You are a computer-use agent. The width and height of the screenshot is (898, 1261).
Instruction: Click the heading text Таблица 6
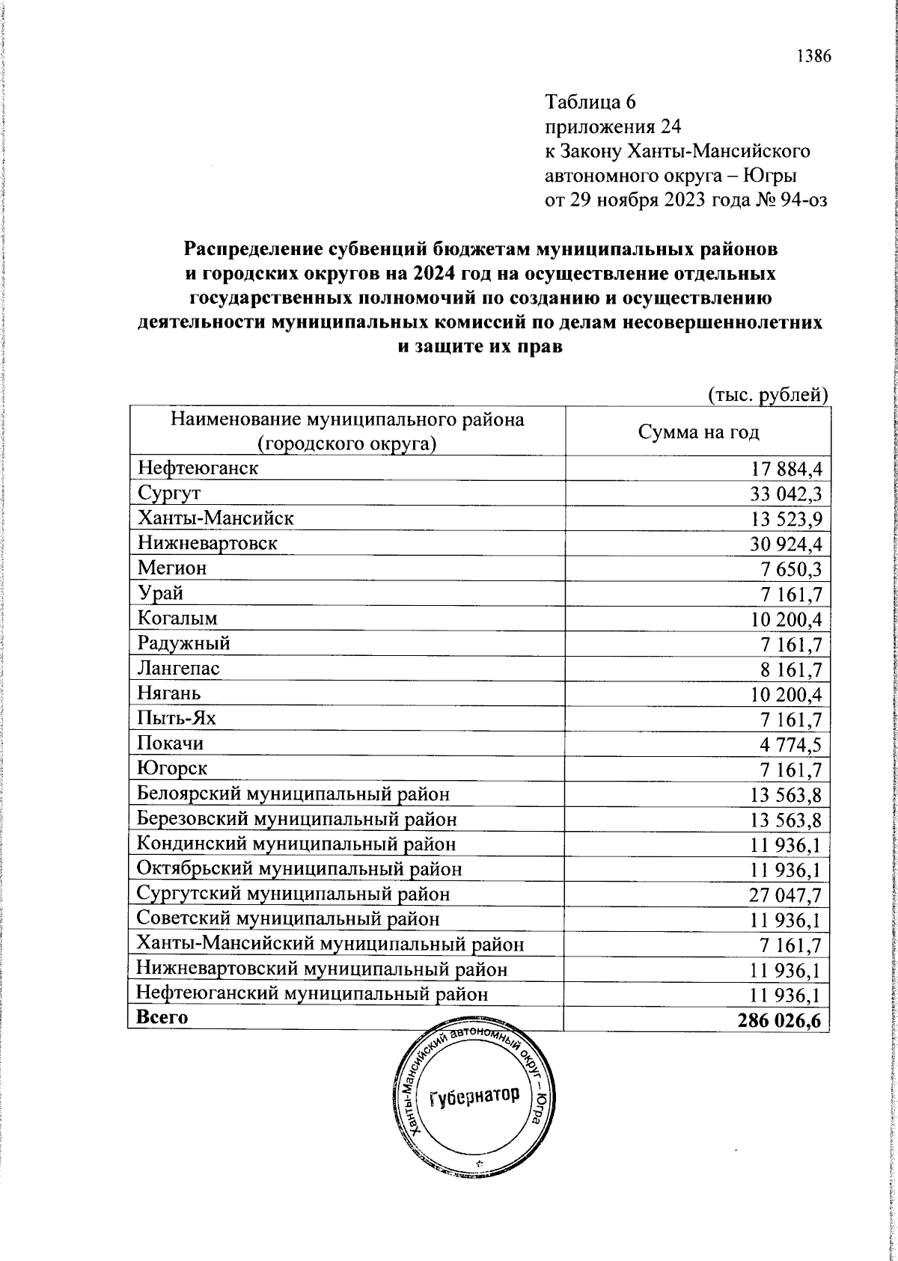[590, 101]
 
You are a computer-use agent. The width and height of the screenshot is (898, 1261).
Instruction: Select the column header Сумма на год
[698, 432]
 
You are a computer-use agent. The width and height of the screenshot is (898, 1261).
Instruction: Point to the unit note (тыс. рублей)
[767, 395]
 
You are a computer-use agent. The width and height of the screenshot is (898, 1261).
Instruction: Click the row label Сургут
[169, 494]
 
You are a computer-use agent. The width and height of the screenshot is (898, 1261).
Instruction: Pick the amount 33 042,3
[785, 494]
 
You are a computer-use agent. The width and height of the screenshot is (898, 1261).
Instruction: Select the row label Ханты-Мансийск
[216, 518]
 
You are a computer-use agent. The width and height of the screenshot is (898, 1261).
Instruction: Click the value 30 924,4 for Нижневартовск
[785, 544]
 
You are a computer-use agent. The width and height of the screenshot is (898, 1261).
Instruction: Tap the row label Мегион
[172, 568]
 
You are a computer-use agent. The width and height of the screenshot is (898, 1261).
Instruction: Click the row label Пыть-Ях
[177, 719]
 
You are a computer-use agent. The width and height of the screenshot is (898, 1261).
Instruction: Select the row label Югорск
[173, 768]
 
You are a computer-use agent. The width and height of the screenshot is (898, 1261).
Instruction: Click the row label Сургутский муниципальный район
[293, 894]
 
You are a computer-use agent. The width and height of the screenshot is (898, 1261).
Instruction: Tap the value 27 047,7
[785, 895]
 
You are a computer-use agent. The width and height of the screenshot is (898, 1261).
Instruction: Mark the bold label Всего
[162, 1017]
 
